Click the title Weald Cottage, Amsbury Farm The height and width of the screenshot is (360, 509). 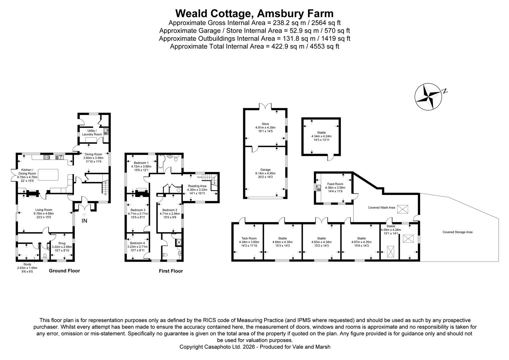254,13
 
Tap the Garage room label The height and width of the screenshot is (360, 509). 265,170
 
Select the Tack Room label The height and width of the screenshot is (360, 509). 249,238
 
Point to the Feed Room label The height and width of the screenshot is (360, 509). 335,184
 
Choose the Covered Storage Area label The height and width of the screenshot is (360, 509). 457,232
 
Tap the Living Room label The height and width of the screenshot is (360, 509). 44,210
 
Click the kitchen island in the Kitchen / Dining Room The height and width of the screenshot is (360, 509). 48,174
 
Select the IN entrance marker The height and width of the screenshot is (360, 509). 84,220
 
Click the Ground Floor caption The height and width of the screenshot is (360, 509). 64,271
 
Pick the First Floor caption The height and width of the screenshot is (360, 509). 171,271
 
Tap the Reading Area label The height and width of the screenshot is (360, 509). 197,186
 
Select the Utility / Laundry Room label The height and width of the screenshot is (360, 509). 92,132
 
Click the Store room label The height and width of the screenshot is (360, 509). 265,124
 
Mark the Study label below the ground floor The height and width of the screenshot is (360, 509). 27,264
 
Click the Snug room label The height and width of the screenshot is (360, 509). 61,243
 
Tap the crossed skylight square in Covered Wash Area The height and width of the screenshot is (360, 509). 402,209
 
